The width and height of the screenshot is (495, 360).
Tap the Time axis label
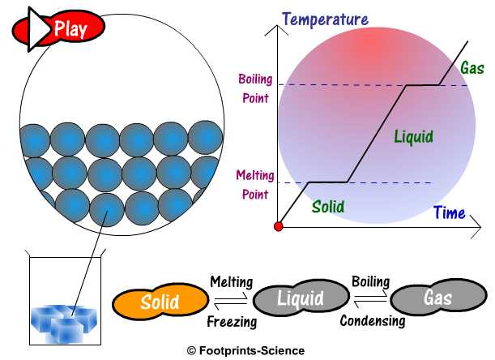(x=449, y=213)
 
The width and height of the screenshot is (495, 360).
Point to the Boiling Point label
(x=252, y=85)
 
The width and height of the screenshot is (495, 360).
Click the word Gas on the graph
(x=472, y=67)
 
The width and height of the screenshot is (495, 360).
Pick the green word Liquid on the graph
(x=413, y=135)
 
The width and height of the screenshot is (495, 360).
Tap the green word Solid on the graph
(x=327, y=207)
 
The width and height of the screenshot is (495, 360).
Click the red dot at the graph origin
(x=280, y=225)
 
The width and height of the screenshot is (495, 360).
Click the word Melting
(x=231, y=282)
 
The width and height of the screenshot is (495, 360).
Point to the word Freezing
(x=232, y=321)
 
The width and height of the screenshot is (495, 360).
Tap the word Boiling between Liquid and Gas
(x=371, y=281)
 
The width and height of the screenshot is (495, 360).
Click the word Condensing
(x=372, y=320)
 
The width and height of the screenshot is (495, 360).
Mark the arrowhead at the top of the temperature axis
(x=280, y=25)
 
